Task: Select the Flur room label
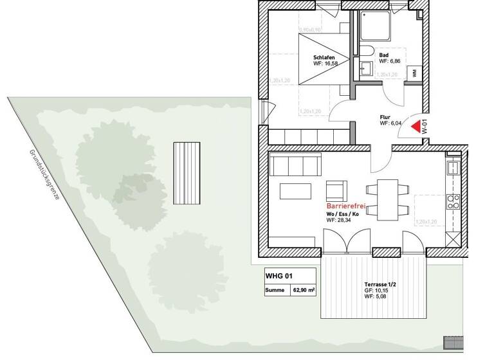[385, 117]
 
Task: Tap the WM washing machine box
[415, 73]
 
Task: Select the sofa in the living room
[295, 165]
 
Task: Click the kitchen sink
[452, 168]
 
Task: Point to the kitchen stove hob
[453, 201]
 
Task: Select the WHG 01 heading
[279, 276]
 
